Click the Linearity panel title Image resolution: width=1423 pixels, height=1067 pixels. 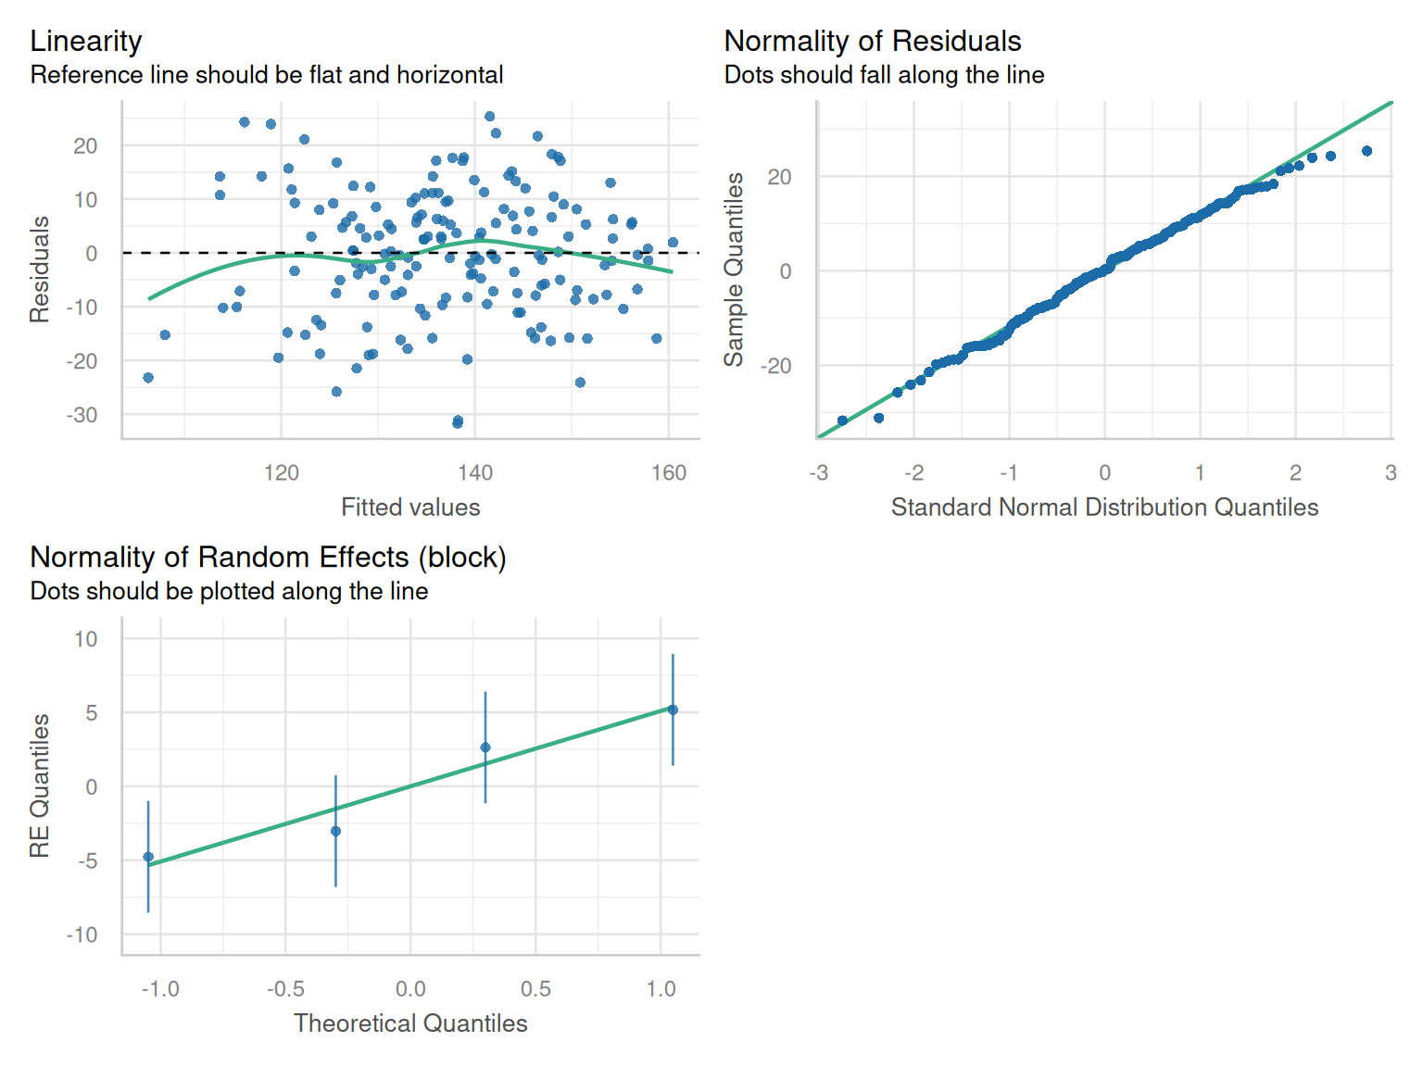tap(86, 42)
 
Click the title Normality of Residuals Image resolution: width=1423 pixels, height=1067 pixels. tap(872, 42)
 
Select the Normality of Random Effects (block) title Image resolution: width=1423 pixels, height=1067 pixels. tap(268, 558)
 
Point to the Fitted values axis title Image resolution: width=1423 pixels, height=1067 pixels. tap(410, 508)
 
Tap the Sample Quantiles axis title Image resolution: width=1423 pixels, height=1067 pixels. tap(734, 270)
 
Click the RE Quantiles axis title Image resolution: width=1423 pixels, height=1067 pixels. tap(40, 785)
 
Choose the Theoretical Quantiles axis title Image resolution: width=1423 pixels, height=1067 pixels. tap(410, 1023)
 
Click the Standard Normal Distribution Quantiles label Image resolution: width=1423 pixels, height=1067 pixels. tap(1104, 508)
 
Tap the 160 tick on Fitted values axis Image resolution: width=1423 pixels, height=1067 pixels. tap(669, 473)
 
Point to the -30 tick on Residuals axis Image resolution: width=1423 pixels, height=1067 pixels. tap(82, 415)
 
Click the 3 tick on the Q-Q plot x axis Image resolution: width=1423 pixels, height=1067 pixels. tap(1391, 473)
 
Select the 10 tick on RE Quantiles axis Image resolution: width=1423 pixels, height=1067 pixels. tap(86, 639)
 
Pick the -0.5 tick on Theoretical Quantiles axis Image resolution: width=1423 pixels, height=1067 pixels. tap(285, 989)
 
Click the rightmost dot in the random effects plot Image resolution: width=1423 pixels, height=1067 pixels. tap(673, 710)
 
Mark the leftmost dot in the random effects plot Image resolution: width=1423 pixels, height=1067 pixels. tap(148, 858)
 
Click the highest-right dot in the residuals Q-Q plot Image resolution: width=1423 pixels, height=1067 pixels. tap(1366, 151)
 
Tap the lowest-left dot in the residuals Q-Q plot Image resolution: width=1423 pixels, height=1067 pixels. tap(842, 421)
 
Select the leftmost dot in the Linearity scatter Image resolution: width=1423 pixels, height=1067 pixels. tap(148, 378)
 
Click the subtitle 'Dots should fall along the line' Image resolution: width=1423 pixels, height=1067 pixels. tap(884, 75)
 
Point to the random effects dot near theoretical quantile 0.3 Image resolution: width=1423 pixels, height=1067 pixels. tap(485, 747)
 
